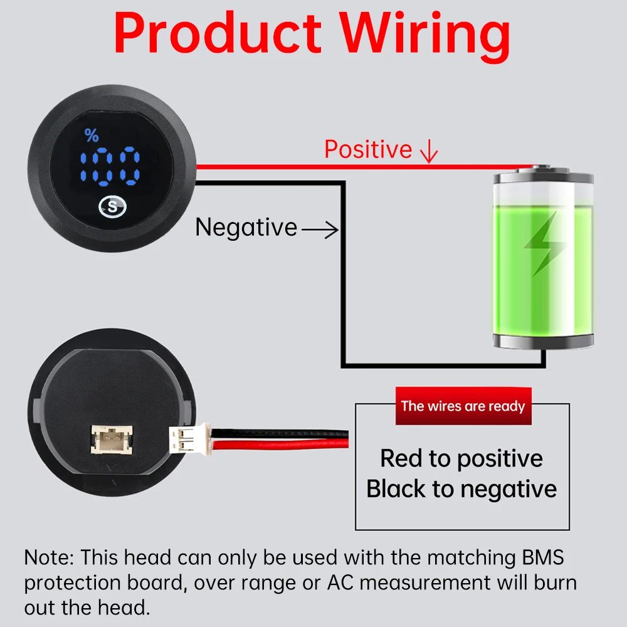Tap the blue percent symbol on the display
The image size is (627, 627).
92,135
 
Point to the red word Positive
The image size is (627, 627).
368,149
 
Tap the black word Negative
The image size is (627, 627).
246,227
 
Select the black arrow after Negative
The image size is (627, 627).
320,231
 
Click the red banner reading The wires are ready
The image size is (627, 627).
463,406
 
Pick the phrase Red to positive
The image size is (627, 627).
461,458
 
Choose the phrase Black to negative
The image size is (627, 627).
461,489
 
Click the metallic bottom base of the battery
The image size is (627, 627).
542,341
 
